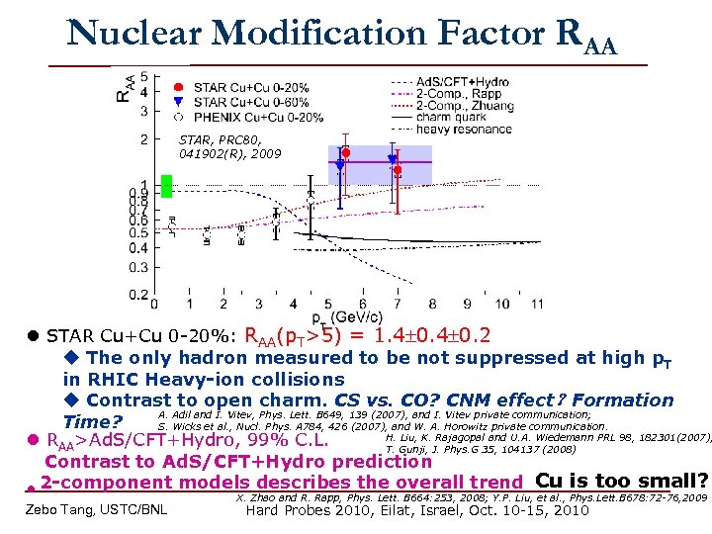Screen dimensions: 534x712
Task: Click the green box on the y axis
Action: pyautogui.click(x=167, y=185)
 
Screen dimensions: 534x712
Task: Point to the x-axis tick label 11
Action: pyautogui.click(x=535, y=303)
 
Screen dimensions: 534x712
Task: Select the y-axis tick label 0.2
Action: pyautogui.click(x=141, y=294)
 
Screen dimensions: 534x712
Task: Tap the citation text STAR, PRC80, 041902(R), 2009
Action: pyautogui.click(x=229, y=147)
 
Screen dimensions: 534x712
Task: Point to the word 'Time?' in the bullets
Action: pyautogui.click(x=91, y=421)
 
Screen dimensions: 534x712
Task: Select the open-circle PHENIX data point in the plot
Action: pyautogui.click(x=311, y=200)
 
